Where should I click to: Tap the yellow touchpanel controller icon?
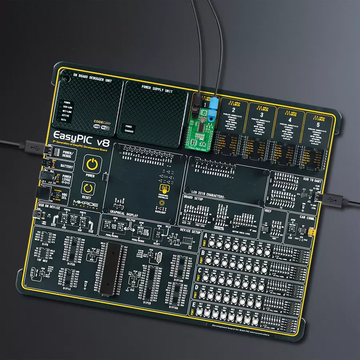[x=163, y=188]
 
